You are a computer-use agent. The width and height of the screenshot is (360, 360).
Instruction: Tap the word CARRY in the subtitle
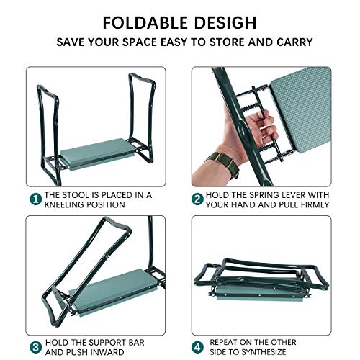tap(296, 41)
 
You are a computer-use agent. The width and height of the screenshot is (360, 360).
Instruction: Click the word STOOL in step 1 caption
tap(81, 194)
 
